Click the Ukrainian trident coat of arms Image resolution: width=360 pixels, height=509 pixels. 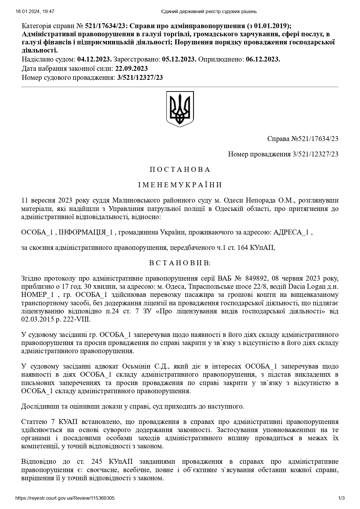click(x=180, y=109)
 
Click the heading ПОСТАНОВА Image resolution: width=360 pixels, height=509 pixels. click(x=180, y=170)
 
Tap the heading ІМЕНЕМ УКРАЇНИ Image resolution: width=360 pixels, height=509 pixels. click(x=180, y=185)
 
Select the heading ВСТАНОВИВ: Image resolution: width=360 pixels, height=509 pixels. click(x=180, y=263)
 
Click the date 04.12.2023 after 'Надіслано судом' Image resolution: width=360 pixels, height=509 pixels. click(x=94, y=59)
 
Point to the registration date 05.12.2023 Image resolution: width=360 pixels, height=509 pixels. click(x=179, y=59)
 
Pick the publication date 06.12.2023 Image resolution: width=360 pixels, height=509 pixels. click(x=263, y=59)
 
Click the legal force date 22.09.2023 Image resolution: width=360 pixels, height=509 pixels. click(x=131, y=69)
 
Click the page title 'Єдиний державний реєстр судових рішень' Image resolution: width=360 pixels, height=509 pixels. click(x=208, y=12)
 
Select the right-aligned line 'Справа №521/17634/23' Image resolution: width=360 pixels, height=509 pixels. click(x=303, y=139)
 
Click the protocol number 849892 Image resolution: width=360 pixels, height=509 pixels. click(x=256, y=279)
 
